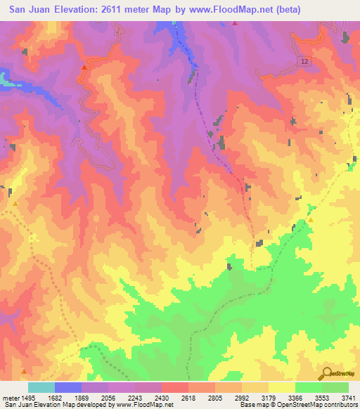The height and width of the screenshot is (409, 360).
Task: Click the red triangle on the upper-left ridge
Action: [84, 67]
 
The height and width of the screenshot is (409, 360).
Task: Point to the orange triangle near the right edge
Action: [310, 219]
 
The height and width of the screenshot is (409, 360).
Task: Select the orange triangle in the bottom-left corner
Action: [24, 371]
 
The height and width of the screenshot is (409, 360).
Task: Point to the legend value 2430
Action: [162, 398]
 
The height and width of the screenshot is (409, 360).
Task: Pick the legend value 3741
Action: [348, 398]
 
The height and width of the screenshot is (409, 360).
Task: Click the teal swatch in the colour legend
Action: [41, 387]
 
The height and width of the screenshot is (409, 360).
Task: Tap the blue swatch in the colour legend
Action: [68, 387]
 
